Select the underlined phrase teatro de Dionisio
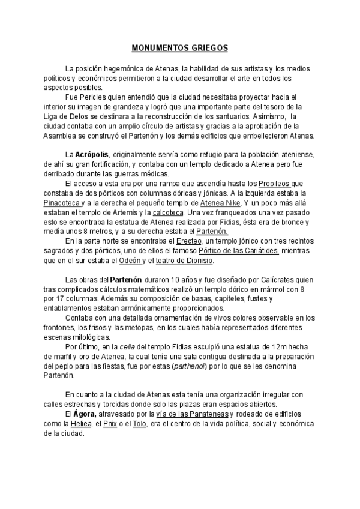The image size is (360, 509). click(184, 260)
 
